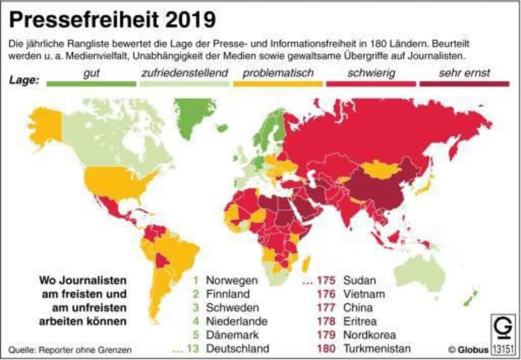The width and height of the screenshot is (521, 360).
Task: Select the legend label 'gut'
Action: [91, 73]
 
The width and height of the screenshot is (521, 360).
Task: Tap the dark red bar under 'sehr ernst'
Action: [464, 84]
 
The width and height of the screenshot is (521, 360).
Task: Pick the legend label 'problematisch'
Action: [278, 73]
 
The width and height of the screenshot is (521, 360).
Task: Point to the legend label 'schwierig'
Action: [371, 73]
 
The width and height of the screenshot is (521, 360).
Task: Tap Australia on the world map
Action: [420, 272]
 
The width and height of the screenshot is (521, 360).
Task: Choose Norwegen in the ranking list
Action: [231, 280]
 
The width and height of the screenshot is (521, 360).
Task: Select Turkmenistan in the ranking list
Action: [377, 349]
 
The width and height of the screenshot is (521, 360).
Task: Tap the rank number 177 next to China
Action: [326, 308]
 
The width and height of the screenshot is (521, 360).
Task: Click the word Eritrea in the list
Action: [360, 321]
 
